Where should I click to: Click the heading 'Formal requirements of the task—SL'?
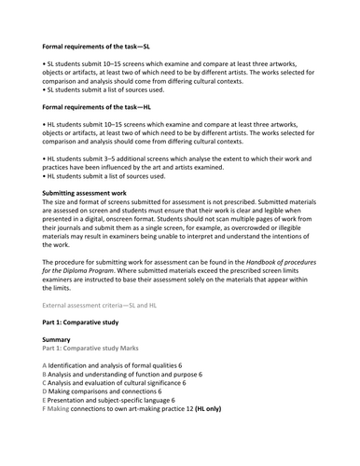click(107, 45)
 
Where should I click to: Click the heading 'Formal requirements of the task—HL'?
click(107, 107)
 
